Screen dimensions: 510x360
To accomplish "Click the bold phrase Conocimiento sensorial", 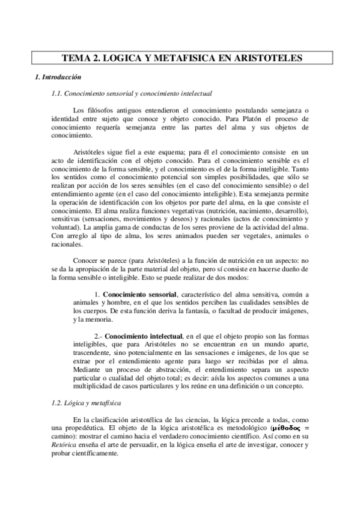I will pyautogui.click(x=139, y=293).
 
